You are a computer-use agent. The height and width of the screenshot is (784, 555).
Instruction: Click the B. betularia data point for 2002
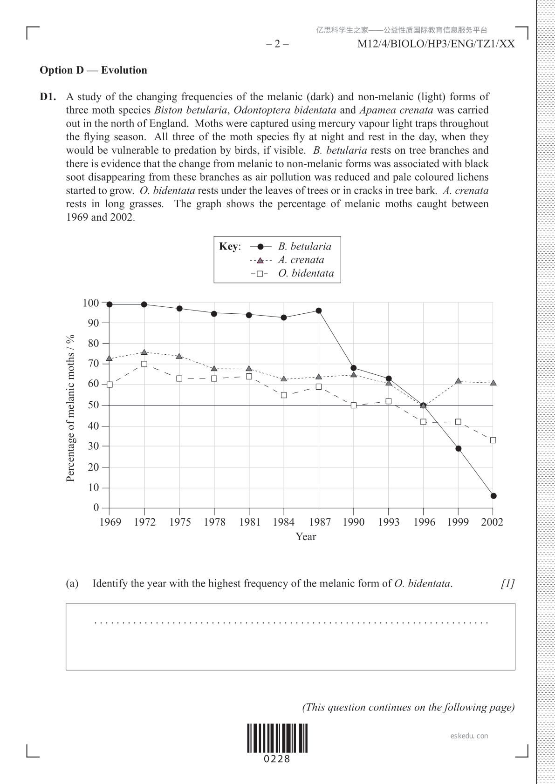[x=493, y=496]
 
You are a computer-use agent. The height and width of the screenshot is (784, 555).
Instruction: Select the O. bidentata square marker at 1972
[x=144, y=364]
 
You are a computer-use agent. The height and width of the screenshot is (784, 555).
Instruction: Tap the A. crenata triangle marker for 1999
[x=459, y=381]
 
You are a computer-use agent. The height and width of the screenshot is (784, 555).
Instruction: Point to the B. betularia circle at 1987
[x=319, y=311]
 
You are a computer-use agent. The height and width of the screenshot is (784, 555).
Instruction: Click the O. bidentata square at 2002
[x=493, y=440]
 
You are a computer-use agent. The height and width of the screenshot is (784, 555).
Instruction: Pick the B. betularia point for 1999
[x=459, y=449]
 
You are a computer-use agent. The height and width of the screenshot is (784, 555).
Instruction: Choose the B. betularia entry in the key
[x=305, y=247]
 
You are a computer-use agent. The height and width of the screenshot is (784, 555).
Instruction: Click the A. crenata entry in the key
[x=301, y=260]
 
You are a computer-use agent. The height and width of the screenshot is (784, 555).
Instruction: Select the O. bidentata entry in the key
[x=306, y=273]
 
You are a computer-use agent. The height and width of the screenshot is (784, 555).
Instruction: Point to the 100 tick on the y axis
[x=91, y=303]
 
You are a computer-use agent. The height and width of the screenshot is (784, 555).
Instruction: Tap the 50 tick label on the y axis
[x=94, y=405]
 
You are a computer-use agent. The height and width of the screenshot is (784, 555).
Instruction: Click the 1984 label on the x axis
[x=284, y=522]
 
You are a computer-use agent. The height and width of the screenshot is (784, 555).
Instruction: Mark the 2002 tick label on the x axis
[x=493, y=522]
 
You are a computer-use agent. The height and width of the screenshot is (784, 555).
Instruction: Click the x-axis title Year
[x=306, y=537]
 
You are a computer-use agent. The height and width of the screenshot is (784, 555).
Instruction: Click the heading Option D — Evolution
[x=93, y=70]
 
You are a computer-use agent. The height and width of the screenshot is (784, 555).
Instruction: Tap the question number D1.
[x=48, y=97]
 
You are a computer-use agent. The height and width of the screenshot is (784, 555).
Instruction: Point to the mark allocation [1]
[x=507, y=583]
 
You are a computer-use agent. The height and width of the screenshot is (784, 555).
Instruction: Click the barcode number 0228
[x=277, y=759]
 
